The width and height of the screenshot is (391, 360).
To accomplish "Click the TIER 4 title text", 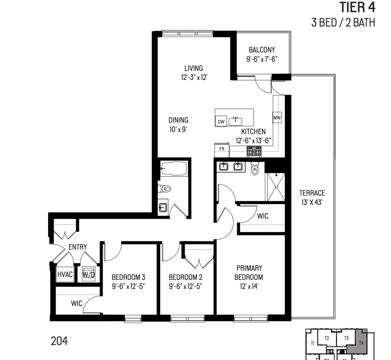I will click(357, 7).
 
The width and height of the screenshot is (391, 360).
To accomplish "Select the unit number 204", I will click(59, 341).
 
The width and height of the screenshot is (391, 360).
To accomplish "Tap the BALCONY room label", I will click(262, 50).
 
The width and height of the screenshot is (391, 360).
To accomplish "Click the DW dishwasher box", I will click(221, 122).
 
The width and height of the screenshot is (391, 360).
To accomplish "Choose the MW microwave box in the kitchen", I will click(277, 118).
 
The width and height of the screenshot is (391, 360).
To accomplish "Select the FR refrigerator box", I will click(222, 149).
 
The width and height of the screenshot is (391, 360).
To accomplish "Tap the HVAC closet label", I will click(65, 274).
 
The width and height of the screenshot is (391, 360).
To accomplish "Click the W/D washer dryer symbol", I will click(89, 274).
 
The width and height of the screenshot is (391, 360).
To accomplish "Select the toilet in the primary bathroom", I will click(255, 169).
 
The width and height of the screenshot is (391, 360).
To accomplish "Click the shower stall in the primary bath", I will click(275, 187).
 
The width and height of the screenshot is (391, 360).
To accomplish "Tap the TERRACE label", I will click(312, 193).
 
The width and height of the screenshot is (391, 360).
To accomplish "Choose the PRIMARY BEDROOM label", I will click(249, 273).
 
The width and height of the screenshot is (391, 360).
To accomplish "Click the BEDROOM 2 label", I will click(185, 277).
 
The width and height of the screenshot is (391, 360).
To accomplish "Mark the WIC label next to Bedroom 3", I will click(76, 304).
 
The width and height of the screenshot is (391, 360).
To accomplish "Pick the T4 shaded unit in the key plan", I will click(361, 343).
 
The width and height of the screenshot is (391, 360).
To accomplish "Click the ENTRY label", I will click(78, 247).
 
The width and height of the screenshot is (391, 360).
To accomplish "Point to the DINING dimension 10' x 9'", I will click(178, 129).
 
